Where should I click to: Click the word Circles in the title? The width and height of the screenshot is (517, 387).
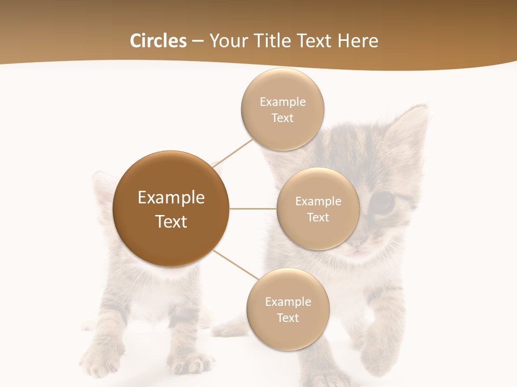[x=158, y=41]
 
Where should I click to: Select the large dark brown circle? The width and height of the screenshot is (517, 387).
[x=171, y=209]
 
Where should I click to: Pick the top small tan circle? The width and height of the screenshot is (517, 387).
[x=283, y=110]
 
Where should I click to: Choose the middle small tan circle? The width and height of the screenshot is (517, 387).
[x=318, y=209]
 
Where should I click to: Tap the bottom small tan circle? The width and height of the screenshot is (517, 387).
[x=288, y=309]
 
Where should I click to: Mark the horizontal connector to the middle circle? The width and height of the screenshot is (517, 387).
[x=253, y=209]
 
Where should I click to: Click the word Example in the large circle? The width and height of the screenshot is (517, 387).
[x=171, y=198]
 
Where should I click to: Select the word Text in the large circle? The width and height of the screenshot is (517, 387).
[x=171, y=221]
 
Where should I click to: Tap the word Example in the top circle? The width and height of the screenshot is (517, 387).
[x=283, y=102]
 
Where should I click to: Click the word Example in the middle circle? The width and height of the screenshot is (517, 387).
[x=318, y=202]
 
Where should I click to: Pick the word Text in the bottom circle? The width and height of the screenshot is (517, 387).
[x=288, y=318]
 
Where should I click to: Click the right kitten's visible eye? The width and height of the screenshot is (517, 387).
[x=383, y=203]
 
